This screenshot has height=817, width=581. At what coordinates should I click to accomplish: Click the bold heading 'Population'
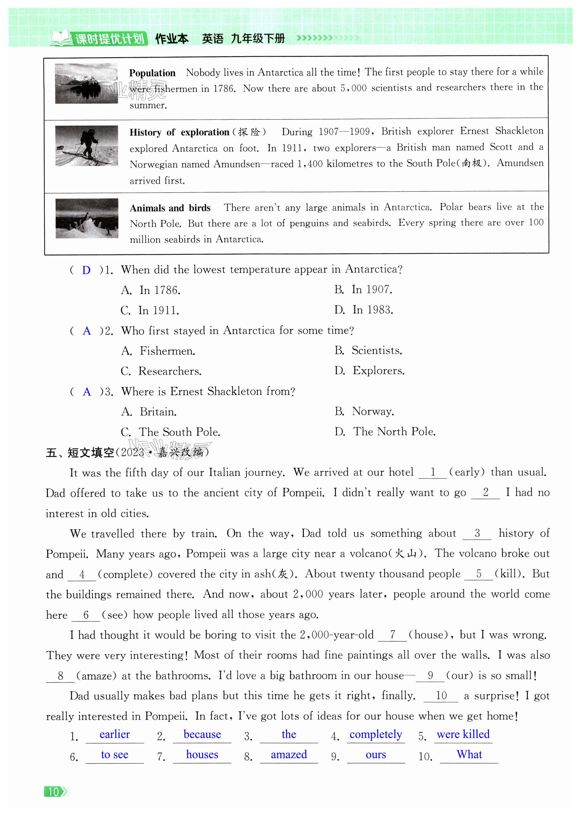[152, 73]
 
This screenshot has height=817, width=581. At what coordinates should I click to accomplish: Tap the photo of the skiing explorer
[87, 146]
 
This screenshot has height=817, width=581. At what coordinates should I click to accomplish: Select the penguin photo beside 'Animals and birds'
[87, 218]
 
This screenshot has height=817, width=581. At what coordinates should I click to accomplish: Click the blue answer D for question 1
[86, 270]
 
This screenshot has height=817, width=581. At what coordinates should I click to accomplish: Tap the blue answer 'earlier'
[115, 735]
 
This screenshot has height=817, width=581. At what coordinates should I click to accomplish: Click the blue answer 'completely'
[376, 735]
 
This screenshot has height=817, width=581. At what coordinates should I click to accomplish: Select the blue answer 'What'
[469, 755]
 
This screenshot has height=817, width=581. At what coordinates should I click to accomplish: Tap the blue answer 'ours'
[376, 755]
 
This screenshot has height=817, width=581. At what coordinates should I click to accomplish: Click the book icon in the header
[61, 38]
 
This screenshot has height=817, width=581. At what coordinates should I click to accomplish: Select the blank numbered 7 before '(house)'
[392, 635]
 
